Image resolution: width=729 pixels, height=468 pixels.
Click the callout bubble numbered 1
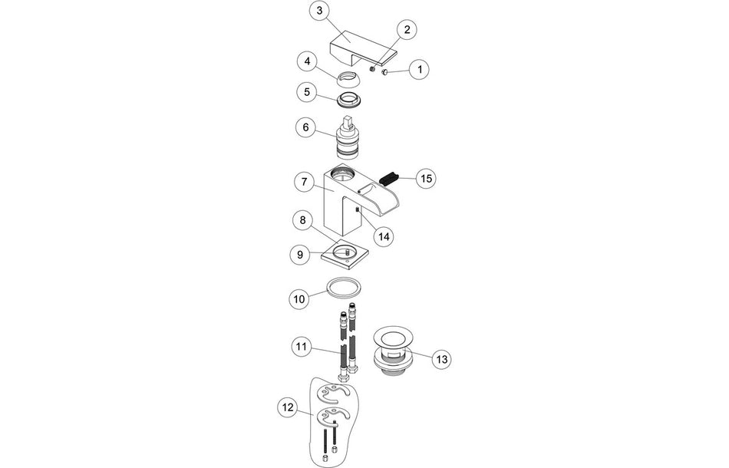419,70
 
